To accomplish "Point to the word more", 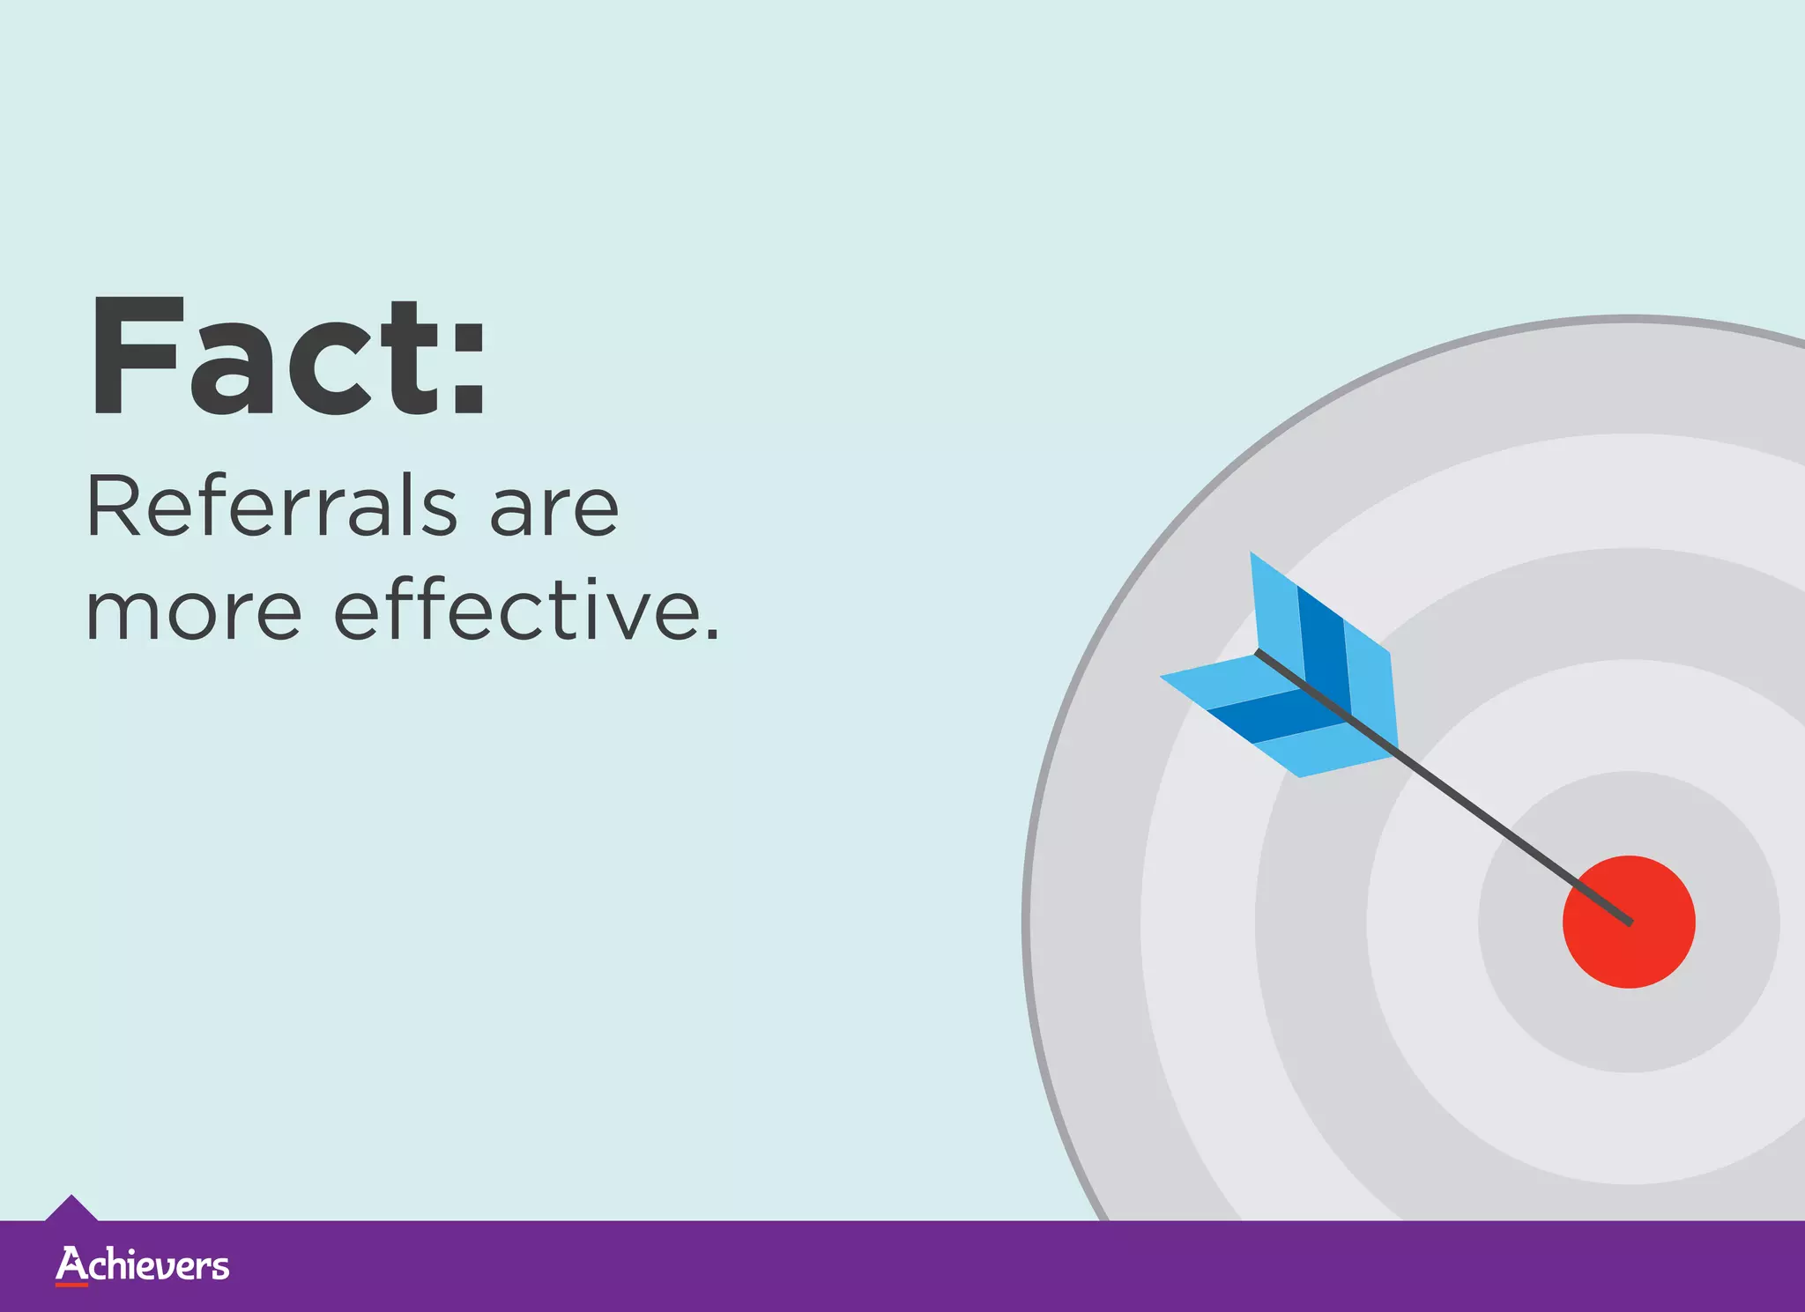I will [194, 612].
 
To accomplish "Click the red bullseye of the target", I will [1629, 922].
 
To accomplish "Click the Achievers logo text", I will [143, 1265].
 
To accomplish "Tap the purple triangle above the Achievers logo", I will [71, 1208].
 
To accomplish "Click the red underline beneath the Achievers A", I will [71, 1285].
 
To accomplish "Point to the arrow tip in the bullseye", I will [1630, 923].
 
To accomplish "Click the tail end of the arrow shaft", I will [1259, 653].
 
